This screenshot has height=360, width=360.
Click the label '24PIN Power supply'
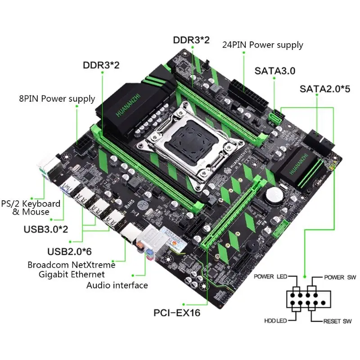(263, 45)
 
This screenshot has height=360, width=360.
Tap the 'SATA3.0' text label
(274, 71)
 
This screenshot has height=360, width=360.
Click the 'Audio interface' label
(117, 285)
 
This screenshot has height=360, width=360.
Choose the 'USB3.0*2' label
(46, 229)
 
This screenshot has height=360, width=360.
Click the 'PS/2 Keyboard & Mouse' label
(31, 207)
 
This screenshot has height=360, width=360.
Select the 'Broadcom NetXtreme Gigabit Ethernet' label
(71, 269)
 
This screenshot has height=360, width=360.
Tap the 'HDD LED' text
(275, 322)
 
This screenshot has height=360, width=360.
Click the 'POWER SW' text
(339, 276)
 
